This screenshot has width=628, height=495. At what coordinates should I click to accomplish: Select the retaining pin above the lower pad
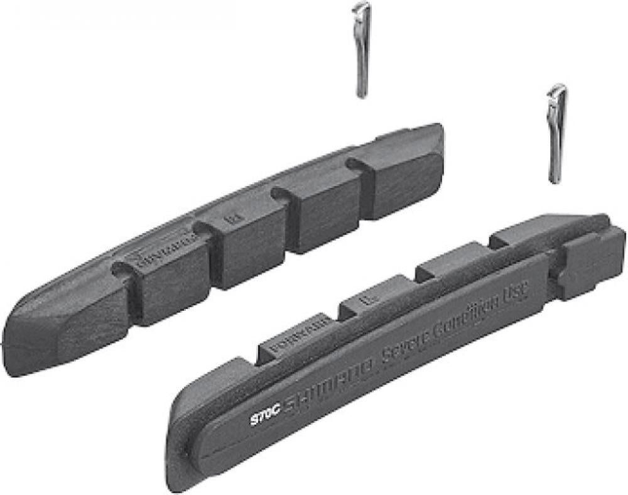556,133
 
